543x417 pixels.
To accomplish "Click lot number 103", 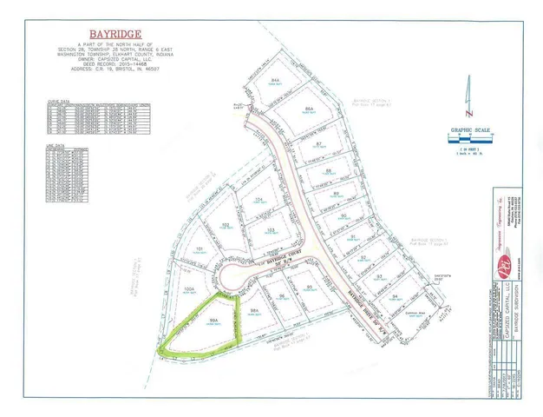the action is [x=271, y=229].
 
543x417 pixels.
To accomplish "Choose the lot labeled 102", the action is [x=225, y=224].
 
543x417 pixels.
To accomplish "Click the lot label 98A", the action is [x=254, y=309].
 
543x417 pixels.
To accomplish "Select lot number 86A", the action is [x=309, y=109].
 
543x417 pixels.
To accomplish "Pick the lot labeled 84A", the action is [x=274, y=79].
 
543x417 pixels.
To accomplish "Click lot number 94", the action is [x=394, y=296].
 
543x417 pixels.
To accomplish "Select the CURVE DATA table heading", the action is [x=57, y=101].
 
